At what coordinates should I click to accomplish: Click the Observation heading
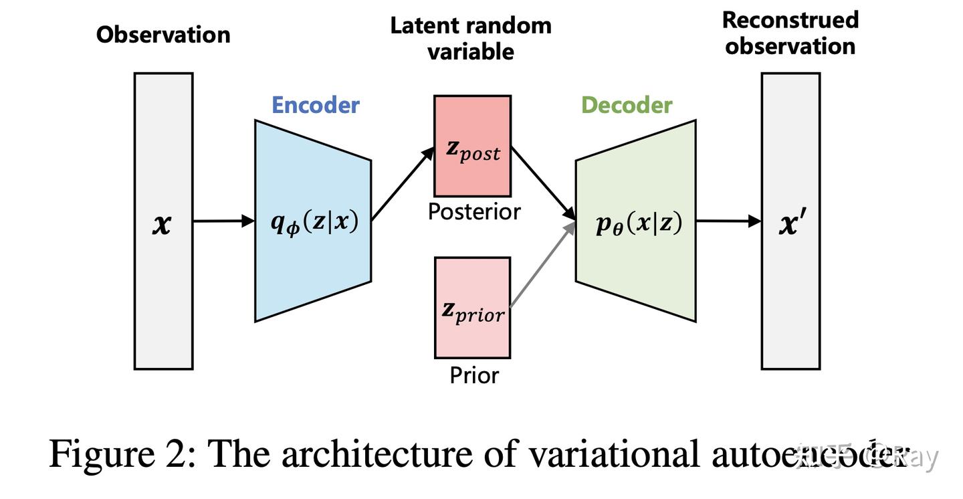163,35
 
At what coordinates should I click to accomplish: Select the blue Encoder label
315,105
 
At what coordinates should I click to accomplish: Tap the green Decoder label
626,105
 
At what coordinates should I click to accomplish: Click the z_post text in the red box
473,151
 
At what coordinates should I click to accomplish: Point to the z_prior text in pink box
473,311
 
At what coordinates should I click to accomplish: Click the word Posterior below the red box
473,212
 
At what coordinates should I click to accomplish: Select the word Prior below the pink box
473,375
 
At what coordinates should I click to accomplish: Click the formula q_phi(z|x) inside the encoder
314,222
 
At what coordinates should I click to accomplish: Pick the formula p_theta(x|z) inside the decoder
639,223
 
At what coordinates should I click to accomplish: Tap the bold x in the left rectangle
162,224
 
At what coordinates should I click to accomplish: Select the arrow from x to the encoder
223,221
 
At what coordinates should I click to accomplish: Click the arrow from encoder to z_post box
403,185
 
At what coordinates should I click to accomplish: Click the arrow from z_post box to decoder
543,183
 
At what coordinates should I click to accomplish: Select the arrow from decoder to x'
728,221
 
